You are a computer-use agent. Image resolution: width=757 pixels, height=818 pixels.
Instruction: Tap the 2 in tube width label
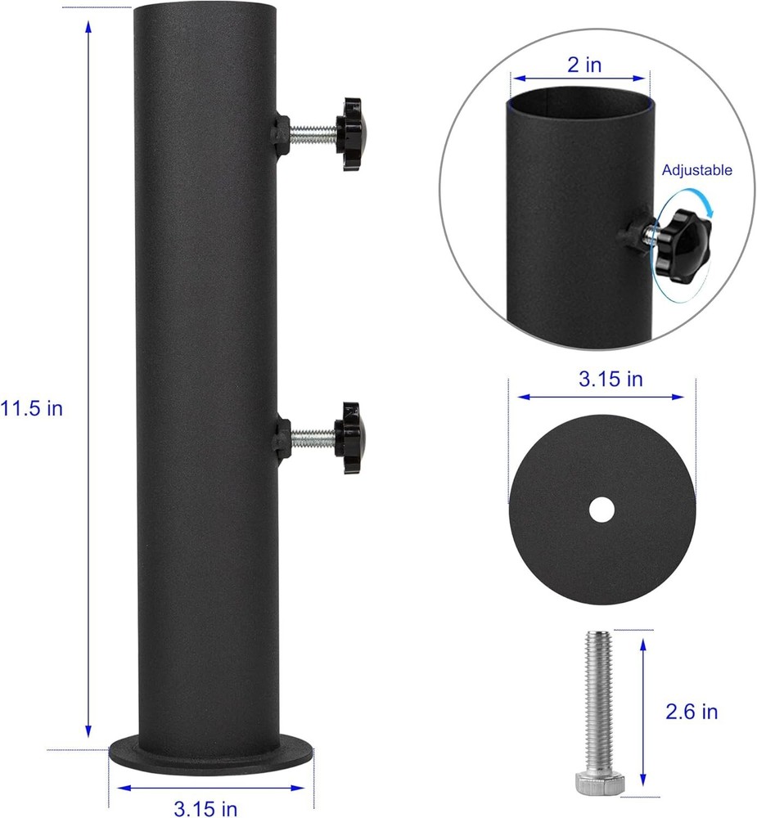point(584,65)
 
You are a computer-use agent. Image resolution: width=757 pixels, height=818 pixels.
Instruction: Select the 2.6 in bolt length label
point(692,712)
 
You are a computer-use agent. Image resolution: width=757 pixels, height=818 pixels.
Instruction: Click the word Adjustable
point(697,170)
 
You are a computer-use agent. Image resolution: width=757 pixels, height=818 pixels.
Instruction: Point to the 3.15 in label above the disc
point(611,379)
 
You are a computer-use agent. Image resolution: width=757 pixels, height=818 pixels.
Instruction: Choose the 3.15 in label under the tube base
point(205,809)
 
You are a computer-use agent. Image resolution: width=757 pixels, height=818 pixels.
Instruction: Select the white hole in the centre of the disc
point(602,510)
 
